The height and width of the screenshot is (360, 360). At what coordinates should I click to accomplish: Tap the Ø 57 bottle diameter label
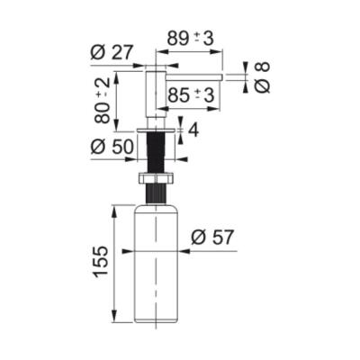(x=212, y=238)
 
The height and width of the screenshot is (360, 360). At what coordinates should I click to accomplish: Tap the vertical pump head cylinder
(x=155, y=90)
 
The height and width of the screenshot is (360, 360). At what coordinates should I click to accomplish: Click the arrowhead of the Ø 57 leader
(x=183, y=251)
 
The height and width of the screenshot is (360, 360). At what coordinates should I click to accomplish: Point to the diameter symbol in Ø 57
(x=198, y=238)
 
